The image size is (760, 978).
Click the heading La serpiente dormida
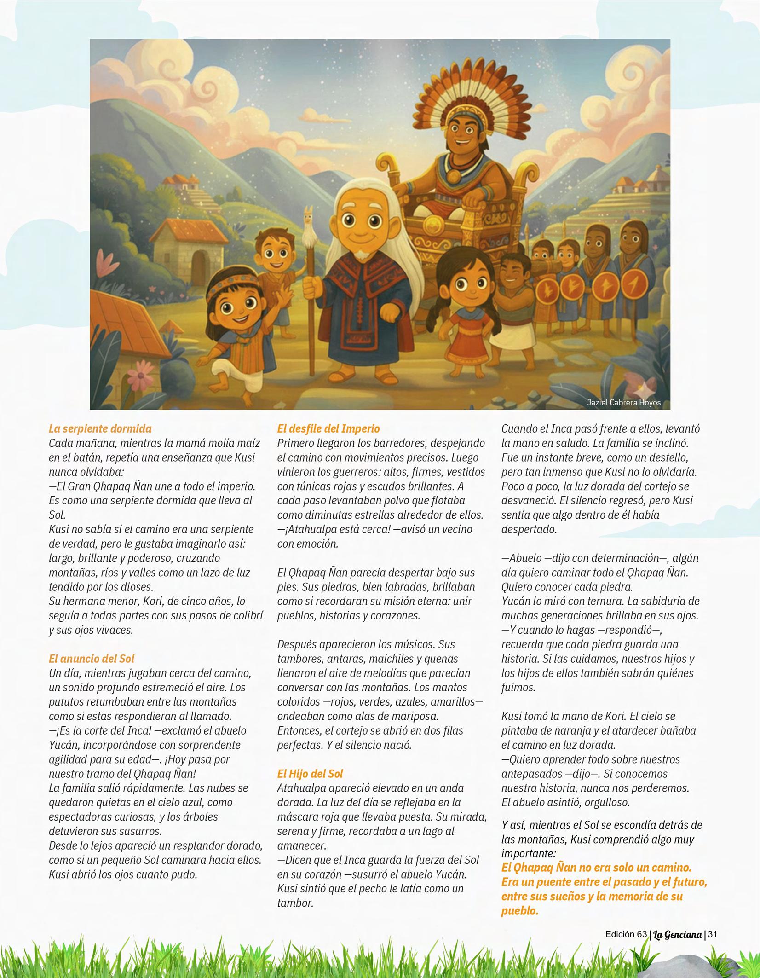(x=100, y=428)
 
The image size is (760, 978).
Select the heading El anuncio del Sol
(x=92, y=659)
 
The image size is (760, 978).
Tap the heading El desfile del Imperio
(x=328, y=428)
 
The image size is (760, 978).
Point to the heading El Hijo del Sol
(x=310, y=774)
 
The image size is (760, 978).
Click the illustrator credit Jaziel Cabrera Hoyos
(x=623, y=403)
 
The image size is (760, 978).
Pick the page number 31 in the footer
(x=713, y=934)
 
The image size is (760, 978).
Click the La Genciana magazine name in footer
(x=677, y=935)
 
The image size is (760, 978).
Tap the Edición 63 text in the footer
(x=626, y=934)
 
